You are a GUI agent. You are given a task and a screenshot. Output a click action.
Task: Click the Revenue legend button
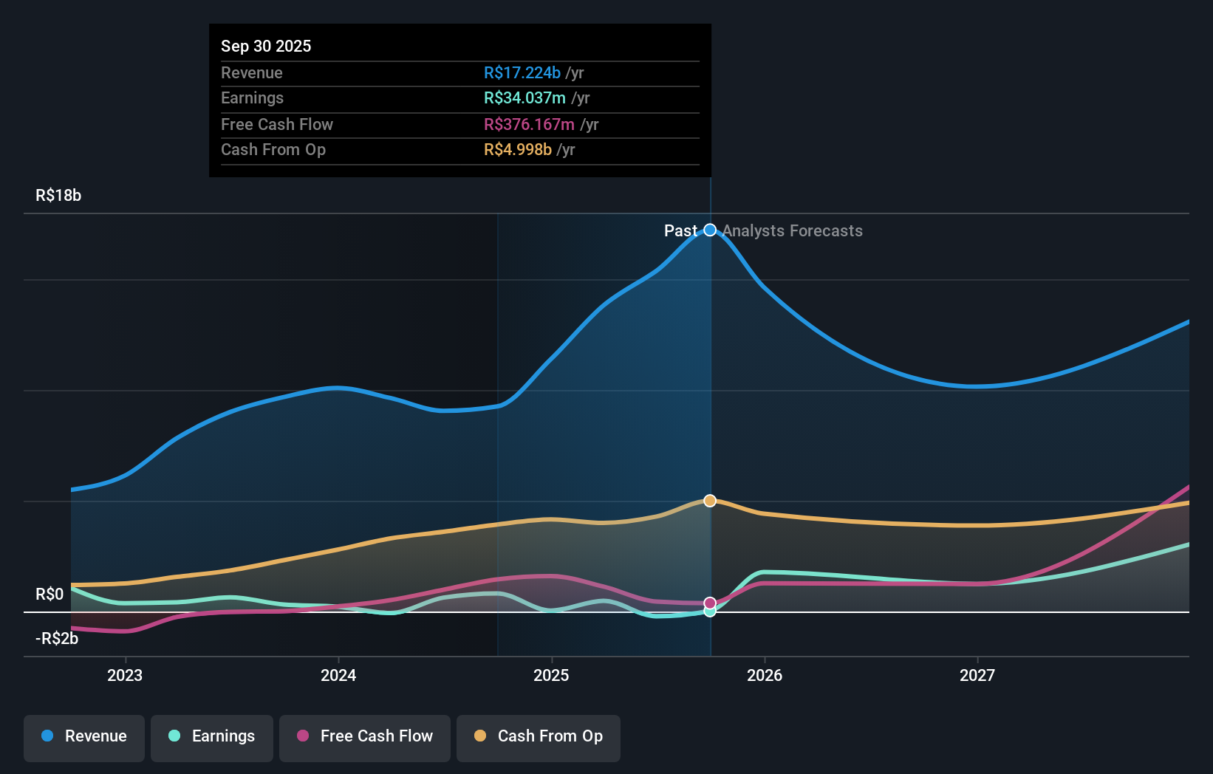[x=84, y=736]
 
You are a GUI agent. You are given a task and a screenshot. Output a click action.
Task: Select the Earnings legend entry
[x=212, y=736]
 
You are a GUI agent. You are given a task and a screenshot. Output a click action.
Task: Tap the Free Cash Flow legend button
[x=365, y=736]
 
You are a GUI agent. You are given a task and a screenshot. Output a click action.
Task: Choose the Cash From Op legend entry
[x=539, y=736]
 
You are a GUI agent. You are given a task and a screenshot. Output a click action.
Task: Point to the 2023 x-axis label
[x=125, y=675]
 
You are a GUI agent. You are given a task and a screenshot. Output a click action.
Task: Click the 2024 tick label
[x=338, y=675]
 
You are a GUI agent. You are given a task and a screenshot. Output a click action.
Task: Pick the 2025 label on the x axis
[x=551, y=675]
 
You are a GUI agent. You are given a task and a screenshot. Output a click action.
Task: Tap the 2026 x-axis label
[x=765, y=675]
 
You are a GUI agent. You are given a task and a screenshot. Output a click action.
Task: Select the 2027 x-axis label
[x=977, y=675]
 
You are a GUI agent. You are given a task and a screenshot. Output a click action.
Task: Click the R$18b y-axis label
[x=58, y=196]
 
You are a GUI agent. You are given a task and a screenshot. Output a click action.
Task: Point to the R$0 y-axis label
[x=49, y=595]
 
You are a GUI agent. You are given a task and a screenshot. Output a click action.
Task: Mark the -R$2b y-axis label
[x=57, y=639]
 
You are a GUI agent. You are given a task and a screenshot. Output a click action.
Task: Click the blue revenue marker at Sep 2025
[x=710, y=230]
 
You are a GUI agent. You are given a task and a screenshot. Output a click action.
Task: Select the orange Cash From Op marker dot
[x=710, y=501]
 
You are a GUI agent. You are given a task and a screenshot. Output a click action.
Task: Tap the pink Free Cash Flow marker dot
[x=710, y=603]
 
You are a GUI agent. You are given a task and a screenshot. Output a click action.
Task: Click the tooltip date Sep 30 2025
[x=266, y=47]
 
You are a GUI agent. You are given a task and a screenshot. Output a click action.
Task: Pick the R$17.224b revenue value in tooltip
[x=522, y=73]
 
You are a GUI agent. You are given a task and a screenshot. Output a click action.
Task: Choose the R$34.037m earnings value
[x=525, y=98]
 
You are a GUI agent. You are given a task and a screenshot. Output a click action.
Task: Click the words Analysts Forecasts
[x=792, y=231]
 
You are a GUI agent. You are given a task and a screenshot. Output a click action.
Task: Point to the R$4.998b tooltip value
[x=518, y=150]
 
